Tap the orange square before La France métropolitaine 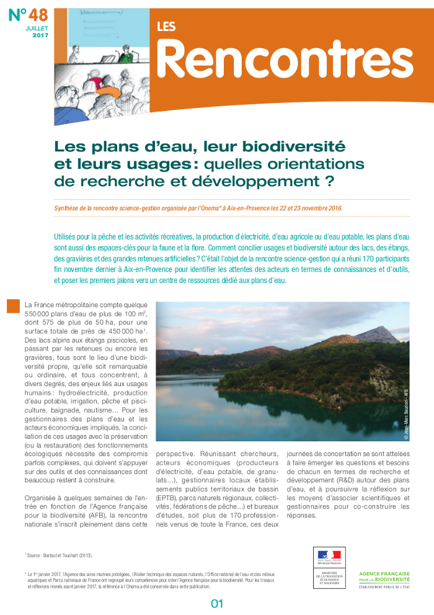click(14, 305)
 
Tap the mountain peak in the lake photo click(378, 330)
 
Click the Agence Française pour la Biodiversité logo click(393, 578)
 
